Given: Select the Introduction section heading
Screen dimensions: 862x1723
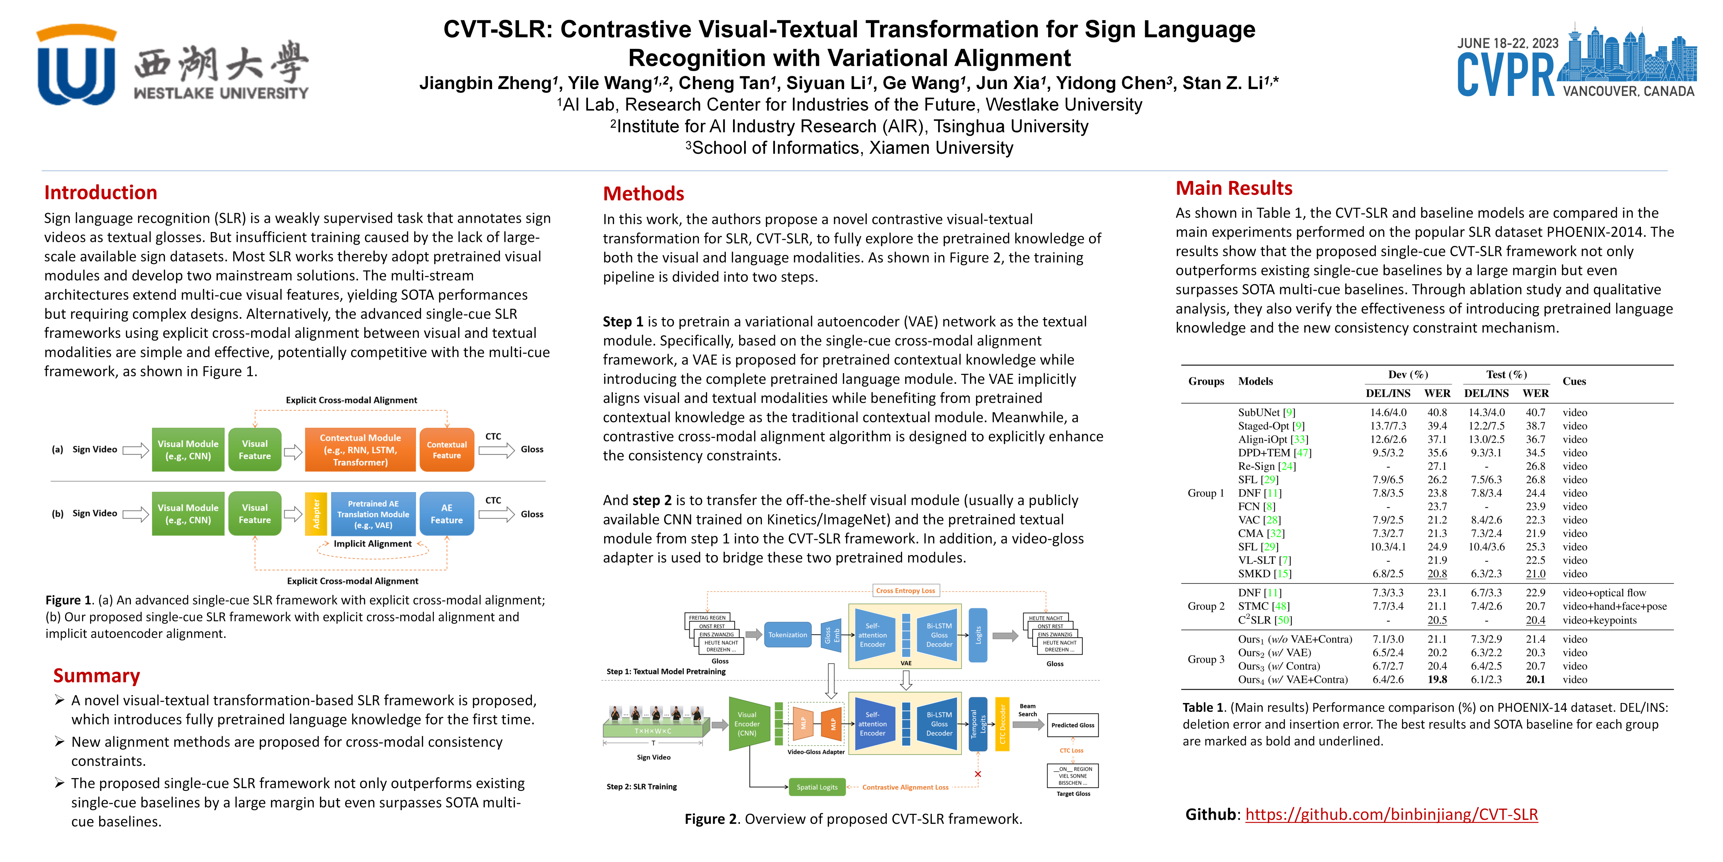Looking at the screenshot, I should point(100,193).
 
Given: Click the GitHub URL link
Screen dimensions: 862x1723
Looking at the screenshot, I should point(1391,815).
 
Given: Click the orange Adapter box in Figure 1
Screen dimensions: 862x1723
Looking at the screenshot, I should point(316,514).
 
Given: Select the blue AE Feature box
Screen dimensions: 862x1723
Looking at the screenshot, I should point(446,514).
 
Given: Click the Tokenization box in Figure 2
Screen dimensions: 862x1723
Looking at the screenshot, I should point(787,634).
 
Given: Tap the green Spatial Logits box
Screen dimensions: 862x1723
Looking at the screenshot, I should point(817,787).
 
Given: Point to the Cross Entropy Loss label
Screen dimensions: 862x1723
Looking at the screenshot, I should point(905,590).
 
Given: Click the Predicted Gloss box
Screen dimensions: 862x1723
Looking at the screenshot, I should point(1072,725).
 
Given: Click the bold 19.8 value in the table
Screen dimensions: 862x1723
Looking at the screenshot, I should point(1437,679).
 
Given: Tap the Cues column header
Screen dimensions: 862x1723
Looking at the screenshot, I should point(1574,381).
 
